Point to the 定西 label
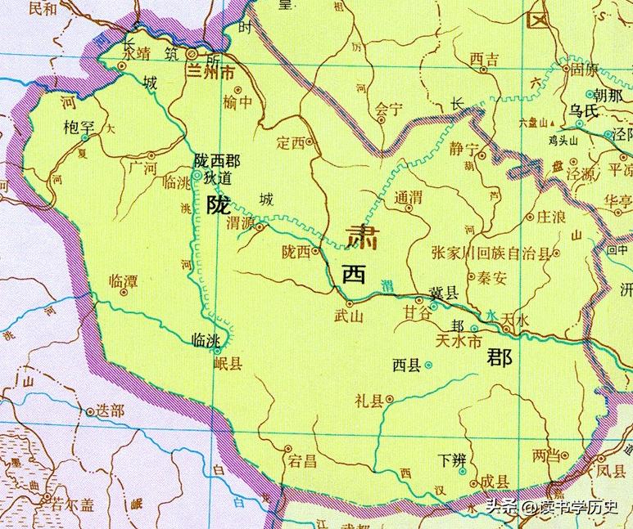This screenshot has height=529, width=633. click(291, 142)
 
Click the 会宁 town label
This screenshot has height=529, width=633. click(390, 106)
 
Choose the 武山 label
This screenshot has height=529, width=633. click(349, 318)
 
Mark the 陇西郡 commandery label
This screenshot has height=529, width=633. click(216, 161)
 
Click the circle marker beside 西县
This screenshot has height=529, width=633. click(427, 365)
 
